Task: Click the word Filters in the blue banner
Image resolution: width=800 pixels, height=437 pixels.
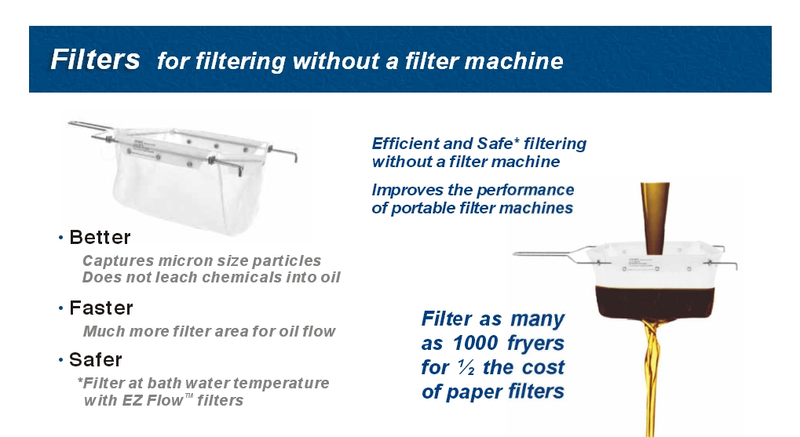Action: click(x=95, y=60)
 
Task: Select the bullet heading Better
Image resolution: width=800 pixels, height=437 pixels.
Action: click(x=100, y=237)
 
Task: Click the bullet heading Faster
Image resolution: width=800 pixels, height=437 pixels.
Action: click(x=101, y=308)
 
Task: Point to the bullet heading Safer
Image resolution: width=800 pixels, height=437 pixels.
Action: click(x=96, y=360)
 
